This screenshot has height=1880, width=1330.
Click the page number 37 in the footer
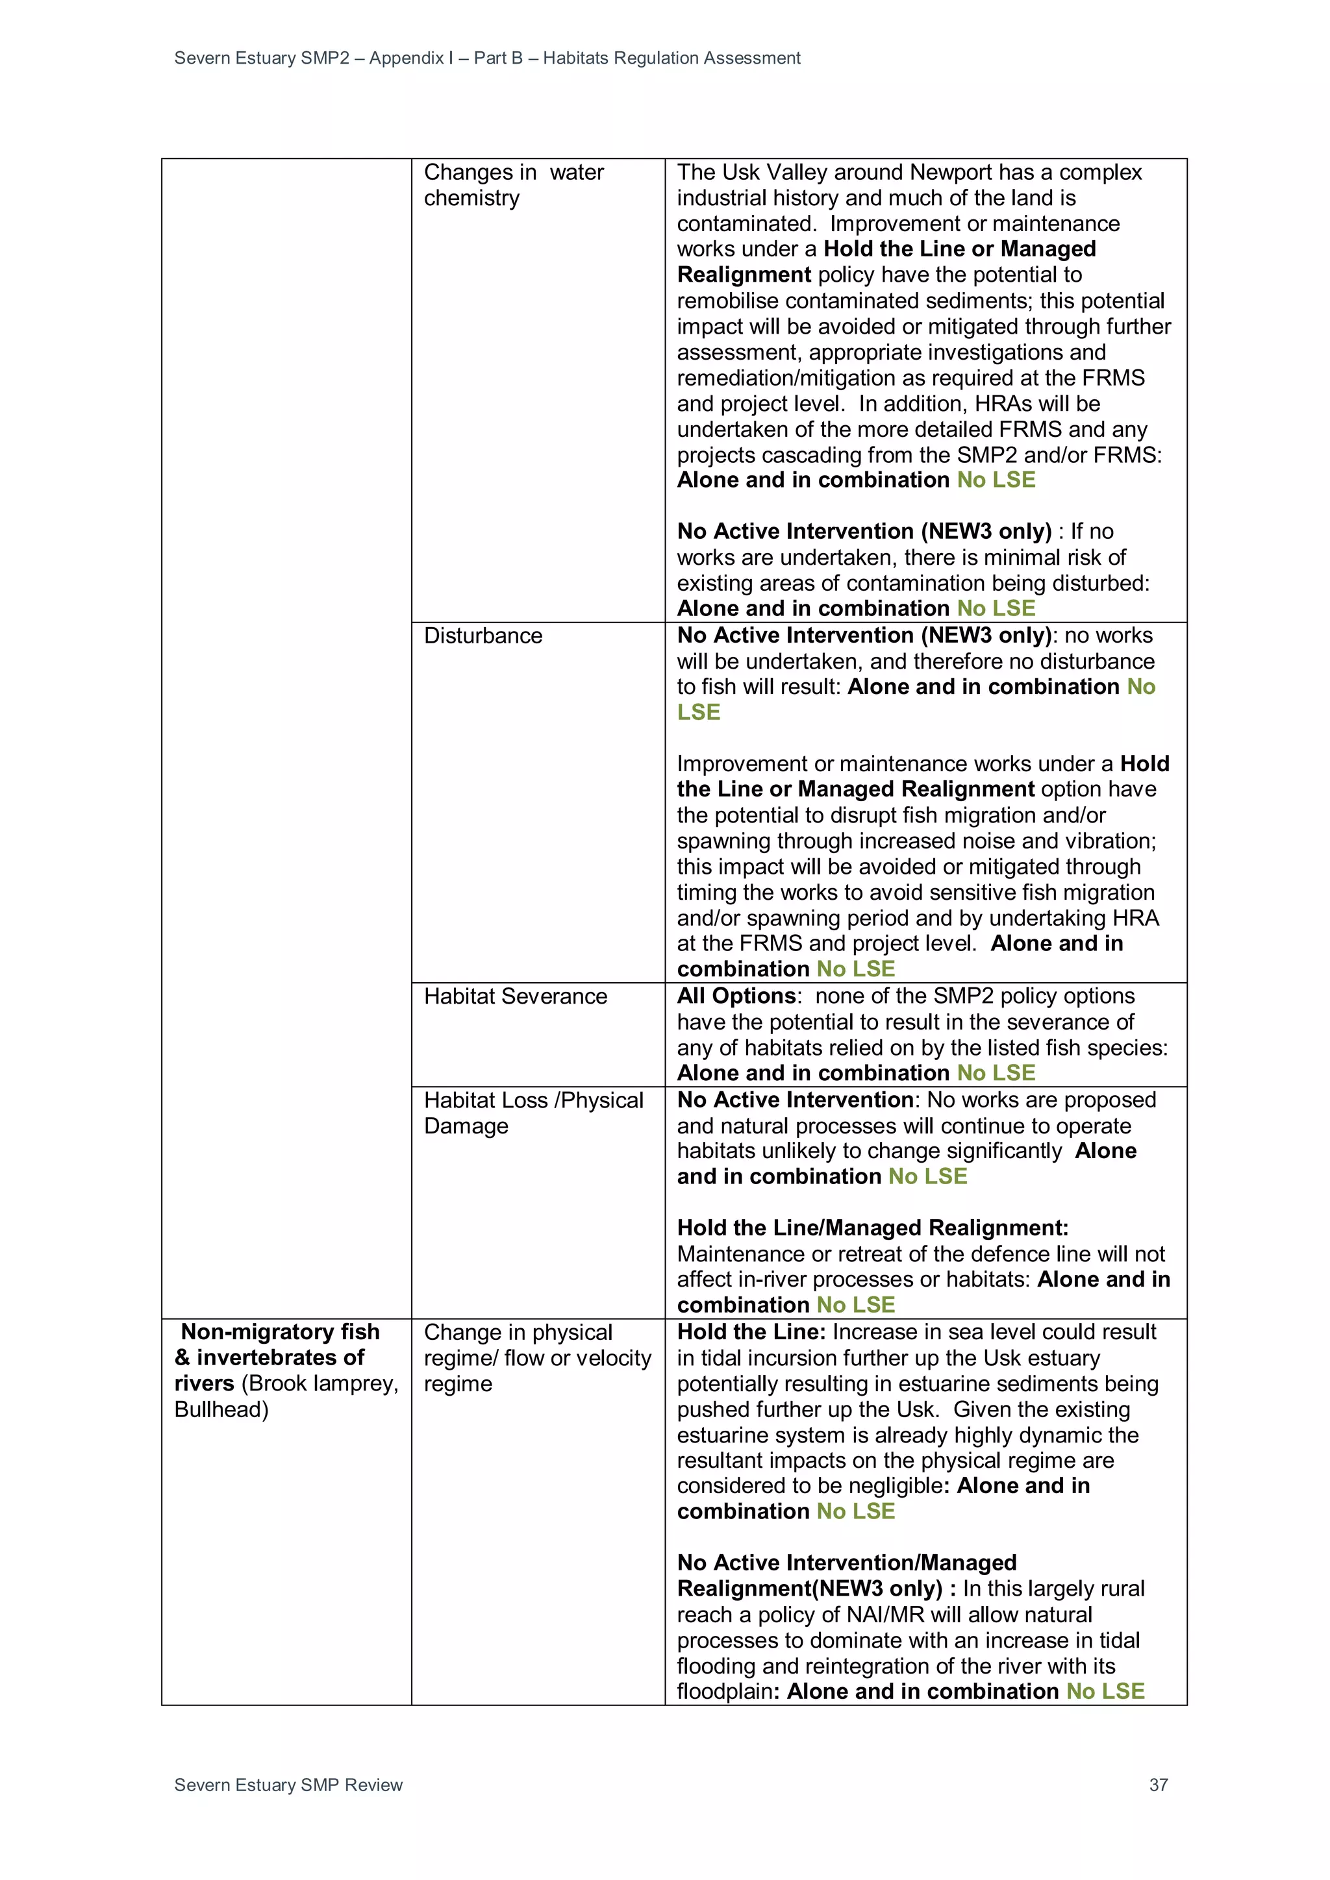1158,1784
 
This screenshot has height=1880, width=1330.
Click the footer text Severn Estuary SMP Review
288,1784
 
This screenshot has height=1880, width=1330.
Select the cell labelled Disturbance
483,636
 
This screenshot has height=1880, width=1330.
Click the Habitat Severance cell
515,996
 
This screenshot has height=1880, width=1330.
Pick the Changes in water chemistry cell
514,185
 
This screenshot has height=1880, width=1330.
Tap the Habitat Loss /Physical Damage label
533,1113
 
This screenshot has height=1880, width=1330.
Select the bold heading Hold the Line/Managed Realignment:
872,1228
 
